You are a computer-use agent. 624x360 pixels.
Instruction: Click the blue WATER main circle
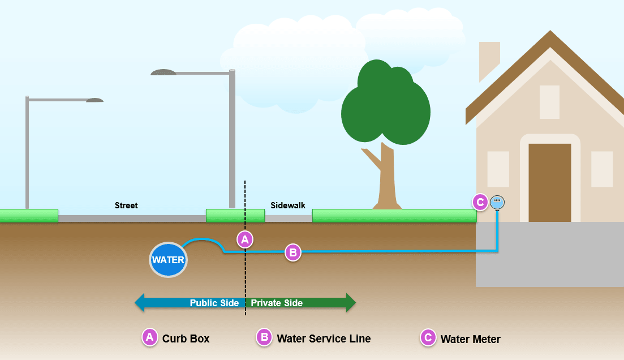pyautogui.click(x=168, y=260)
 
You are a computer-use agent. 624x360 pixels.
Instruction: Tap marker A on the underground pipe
pyautogui.click(x=244, y=239)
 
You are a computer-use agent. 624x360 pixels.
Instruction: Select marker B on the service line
pyautogui.click(x=292, y=252)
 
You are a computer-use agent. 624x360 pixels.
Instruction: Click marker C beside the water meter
pyautogui.click(x=480, y=202)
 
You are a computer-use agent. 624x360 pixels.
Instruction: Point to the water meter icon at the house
pyautogui.click(x=497, y=202)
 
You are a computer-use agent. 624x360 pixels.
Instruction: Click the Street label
pyautogui.click(x=126, y=205)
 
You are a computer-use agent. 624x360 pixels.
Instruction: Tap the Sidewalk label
pyautogui.click(x=287, y=205)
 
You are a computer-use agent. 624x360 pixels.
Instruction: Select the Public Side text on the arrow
pyautogui.click(x=214, y=303)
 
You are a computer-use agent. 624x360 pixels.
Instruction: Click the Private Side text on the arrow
pyautogui.click(x=277, y=303)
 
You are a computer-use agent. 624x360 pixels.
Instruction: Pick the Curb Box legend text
pyautogui.click(x=186, y=339)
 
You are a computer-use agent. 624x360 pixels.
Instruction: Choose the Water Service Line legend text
pyautogui.click(x=324, y=339)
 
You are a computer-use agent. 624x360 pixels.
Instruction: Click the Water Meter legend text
pyautogui.click(x=470, y=340)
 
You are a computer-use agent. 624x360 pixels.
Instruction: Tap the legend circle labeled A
pyautogui.click(x=149, y=338)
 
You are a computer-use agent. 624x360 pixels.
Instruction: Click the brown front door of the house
pyautogui.click(x=549, y=182)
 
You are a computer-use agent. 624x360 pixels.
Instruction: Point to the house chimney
pyautogui.click(x=488, y=59)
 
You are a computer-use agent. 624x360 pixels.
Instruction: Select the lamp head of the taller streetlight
pyautogui.click(x=163, y=72)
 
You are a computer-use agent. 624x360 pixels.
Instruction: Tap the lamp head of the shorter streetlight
pyautogui.click(x=94, y=100)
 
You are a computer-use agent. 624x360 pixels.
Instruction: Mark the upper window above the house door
pyautogui.click(x=549, y=102)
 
